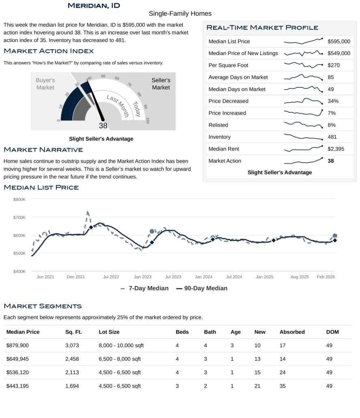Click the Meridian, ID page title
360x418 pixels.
[94, 5]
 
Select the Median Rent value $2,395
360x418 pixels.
[336, 149]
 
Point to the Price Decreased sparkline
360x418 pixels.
[303, 101]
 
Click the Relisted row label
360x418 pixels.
[218, 125]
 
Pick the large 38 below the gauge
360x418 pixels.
[103, 126]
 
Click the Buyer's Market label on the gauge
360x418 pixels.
[45, 84]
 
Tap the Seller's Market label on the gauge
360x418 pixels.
[161, 84]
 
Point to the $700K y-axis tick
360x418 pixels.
[19, 218]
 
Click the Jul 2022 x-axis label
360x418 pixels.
[111, 277]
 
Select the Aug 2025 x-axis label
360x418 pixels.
[300, 277]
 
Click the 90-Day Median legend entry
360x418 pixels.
[202, 288]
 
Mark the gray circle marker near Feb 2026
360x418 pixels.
[335, 236]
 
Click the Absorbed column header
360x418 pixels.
[292, 332]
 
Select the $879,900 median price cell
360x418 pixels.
[17, 345]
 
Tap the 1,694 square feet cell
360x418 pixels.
[73, 386]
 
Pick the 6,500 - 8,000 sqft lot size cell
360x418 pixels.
[120, 359]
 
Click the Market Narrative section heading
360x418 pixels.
[43, 150]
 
